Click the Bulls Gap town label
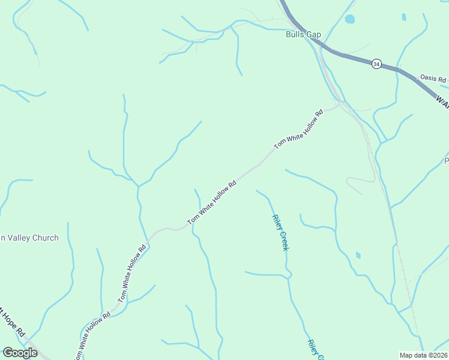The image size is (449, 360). pyautogui.click(x=303, y=34)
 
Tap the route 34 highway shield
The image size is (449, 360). pyautogui.click(x=376, y=64)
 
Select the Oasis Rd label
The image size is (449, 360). pyautogui.click(x=433, y=79)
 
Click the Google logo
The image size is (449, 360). pyautogui.click(x=20, y=353)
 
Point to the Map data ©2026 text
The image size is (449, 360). pyautogui.click(x=423, y=355)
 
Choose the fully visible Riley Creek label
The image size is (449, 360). pyautogui.click(x=280, y=233)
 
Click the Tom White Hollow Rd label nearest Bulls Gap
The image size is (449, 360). pyautogui.click(x=298, y=129)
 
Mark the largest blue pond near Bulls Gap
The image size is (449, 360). pyautogui.click(x=350, y=19)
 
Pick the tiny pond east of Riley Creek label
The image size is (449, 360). pyautogui.click(x=358, y=255)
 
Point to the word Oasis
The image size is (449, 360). pyautogui.click(x=427, y=78)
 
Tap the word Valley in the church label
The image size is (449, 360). pyautogui.click(x=16, y=238)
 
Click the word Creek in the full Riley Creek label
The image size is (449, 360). pyautogui.click(x=283, y=241)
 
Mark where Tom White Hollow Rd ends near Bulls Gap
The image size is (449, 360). pyautogui.click(x=340, y=104)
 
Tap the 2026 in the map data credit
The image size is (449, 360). pyautogui.click(x=437, y=355)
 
